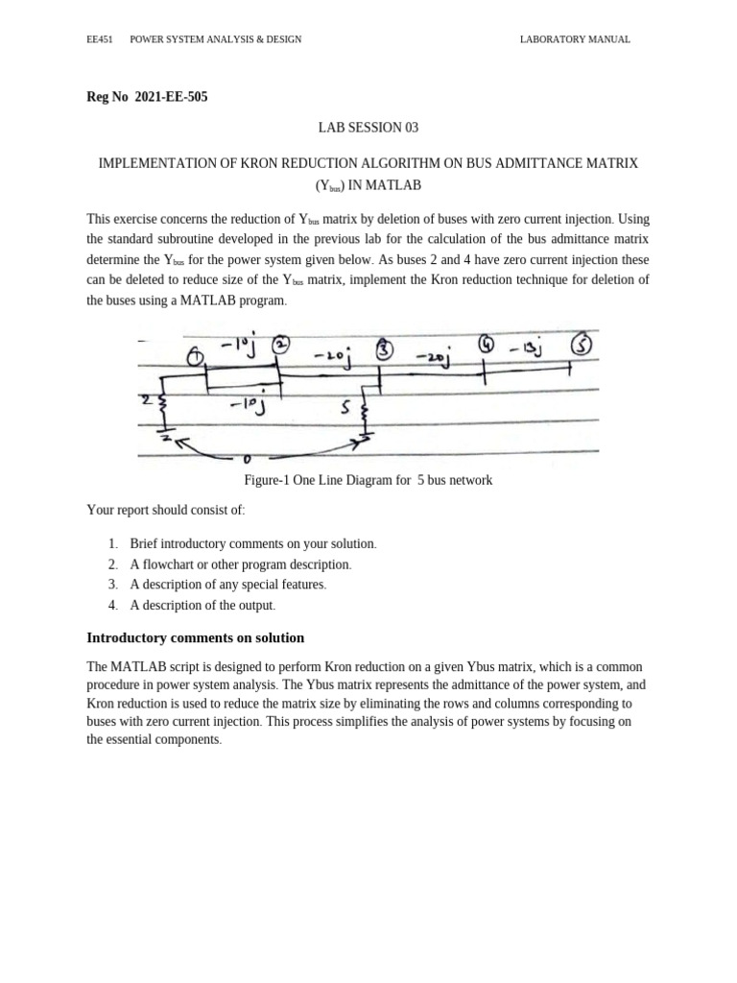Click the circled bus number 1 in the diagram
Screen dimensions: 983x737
pos(195,357)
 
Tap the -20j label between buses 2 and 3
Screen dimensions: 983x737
pos(331,357)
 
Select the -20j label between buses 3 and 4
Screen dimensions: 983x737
pos(435,358)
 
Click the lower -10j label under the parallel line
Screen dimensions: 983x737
pos(246,406)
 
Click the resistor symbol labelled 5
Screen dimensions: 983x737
pos(364,416)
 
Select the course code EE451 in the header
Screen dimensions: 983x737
pos(100,39)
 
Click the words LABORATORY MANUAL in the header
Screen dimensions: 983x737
pos(575,39)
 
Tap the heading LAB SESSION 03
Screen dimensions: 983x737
pos(368,128)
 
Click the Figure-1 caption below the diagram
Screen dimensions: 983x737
pos(368,480)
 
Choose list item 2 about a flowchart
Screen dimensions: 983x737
pos(241,564)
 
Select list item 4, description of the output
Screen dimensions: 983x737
pos(202,605)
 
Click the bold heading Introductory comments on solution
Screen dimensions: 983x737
pos(196,637)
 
